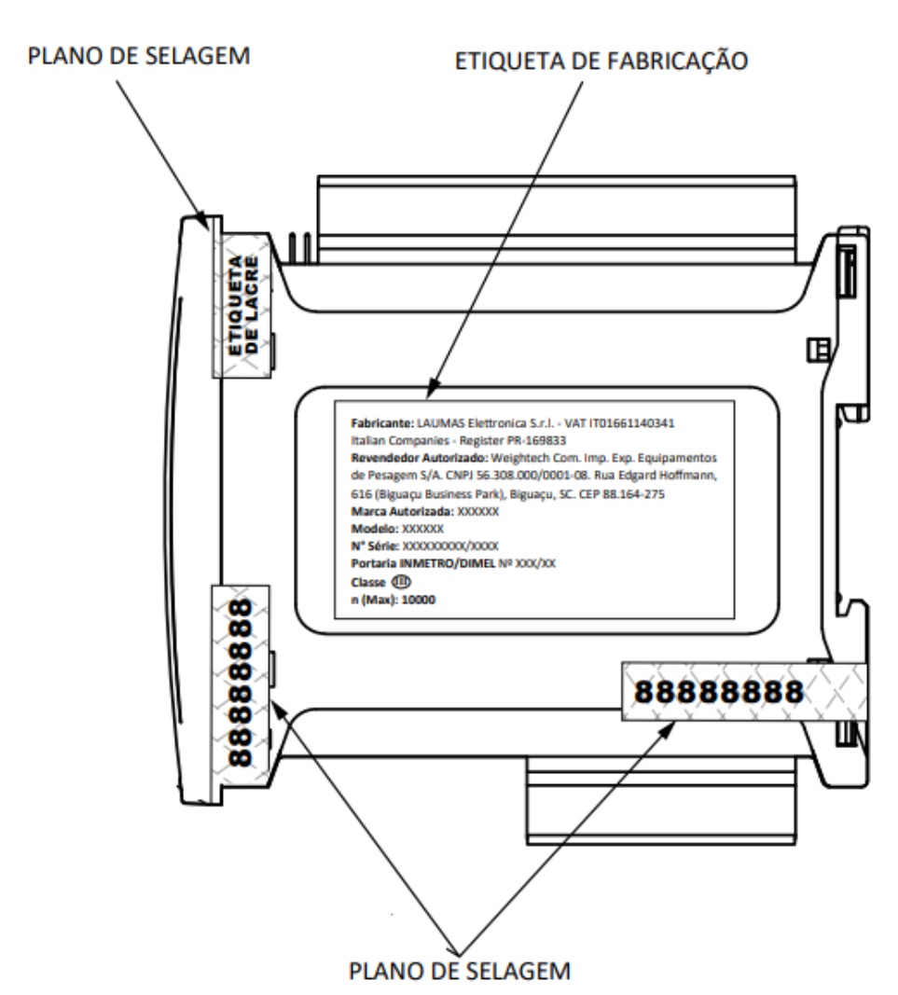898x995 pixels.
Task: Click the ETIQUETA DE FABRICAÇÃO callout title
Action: tap(601, 61)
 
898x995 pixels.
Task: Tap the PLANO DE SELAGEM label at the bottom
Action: tap(460, 971)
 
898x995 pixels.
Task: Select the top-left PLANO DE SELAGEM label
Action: tap(138, 56)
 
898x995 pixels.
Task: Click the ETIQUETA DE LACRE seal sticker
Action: tap(242, 305)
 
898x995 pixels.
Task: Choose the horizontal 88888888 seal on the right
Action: tap(744, 691)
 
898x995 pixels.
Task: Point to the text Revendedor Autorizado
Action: tap(419, 458)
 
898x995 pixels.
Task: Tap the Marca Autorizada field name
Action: tap(402, 511)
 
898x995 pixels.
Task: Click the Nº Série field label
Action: tap(375, 546)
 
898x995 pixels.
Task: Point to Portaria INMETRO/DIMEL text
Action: tap(422, 563)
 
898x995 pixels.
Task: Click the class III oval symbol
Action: tap(401, 581)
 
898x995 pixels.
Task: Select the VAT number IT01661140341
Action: tap(631, 423)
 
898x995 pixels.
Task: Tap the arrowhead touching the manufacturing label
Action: tap(433, 388)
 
